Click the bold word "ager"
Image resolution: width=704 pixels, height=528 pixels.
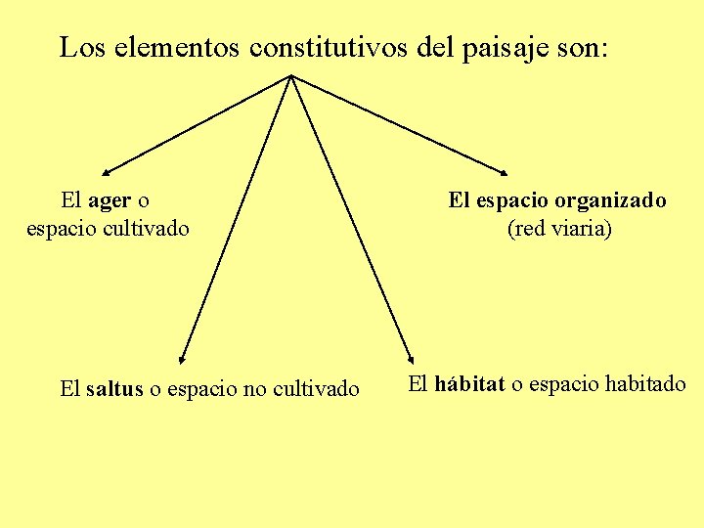[109, 202]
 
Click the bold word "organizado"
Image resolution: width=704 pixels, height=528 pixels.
[610, 201]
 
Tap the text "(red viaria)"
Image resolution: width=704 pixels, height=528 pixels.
[558, 230]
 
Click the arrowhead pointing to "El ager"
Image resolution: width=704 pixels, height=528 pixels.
[104, 170]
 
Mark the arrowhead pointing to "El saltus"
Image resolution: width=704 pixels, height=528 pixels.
[182, 361]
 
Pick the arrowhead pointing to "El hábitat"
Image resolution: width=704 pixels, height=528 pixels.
[411, 361]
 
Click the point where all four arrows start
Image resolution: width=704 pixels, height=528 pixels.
[291, 75]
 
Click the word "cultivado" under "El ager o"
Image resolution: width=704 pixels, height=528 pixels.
[147, 230]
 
